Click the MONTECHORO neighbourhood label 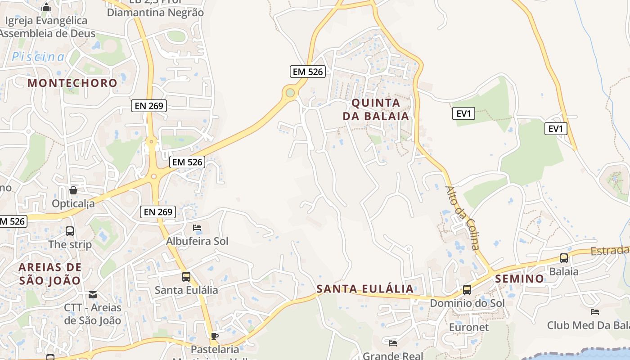point(72,83)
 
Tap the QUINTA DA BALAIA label point(376,109)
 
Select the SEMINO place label point(519,279)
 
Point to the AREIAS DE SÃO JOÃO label point(50,274)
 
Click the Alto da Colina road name point(462,217)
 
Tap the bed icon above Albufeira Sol point(197,228)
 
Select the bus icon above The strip point(70,231)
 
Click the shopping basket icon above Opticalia point(73,190)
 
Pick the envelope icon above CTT point(93,295)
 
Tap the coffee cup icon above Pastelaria point(215,336)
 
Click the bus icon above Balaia point(563,258)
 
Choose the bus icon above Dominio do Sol point(467,290)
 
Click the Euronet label point(468,327)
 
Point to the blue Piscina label point(38,57)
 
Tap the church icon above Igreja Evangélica point(46,7)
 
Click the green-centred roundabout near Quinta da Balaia point(290,93)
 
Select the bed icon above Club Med point(594,311)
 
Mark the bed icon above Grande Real point(392,343)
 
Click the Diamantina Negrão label point(155,12)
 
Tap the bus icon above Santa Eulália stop point(186,277)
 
